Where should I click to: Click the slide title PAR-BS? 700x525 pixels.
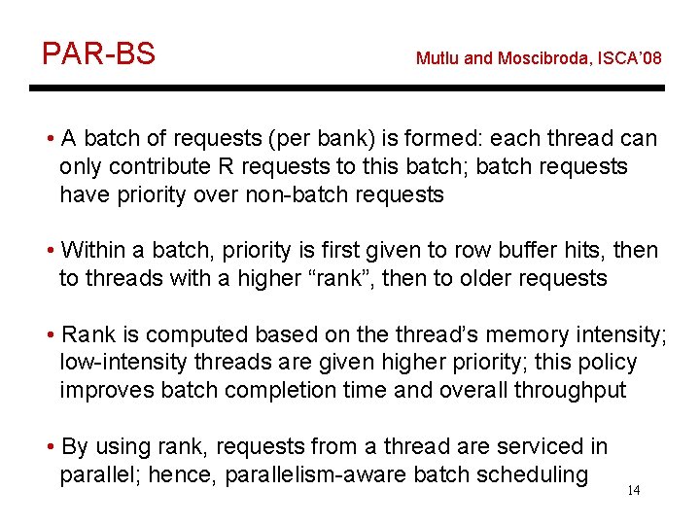coord(98,53)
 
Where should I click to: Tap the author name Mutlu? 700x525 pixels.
coord(438,58)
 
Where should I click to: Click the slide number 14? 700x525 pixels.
coord(633,490)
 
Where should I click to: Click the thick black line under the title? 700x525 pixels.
coord(347,88)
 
